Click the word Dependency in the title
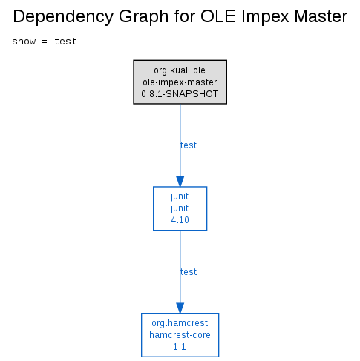click(x=63, y=17)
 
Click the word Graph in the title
click(x=144, y=17)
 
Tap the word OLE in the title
click(x=218, y=16)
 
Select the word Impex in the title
click(x=265, y=17)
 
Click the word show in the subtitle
click(x=24, y=42)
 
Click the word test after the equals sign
click(x=65, y=42)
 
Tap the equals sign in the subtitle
click(x=45, y=42)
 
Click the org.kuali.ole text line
click(x=180, y=70)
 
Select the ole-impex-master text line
click(x=180, y=82)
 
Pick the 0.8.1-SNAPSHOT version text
click(x=180, y=94)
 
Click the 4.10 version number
click(x=180, y=220)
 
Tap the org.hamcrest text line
click(x=180, y=323)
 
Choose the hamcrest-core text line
click(x=180, y=335)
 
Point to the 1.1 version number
click(x=180, y=347)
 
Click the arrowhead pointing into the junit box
click(x=180, y=182)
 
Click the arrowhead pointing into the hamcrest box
click(x=180, y=308)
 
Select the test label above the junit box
click(x=189, y=145)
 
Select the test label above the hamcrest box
click(x=189, y=272)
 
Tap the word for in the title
click(x=185, y=16)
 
